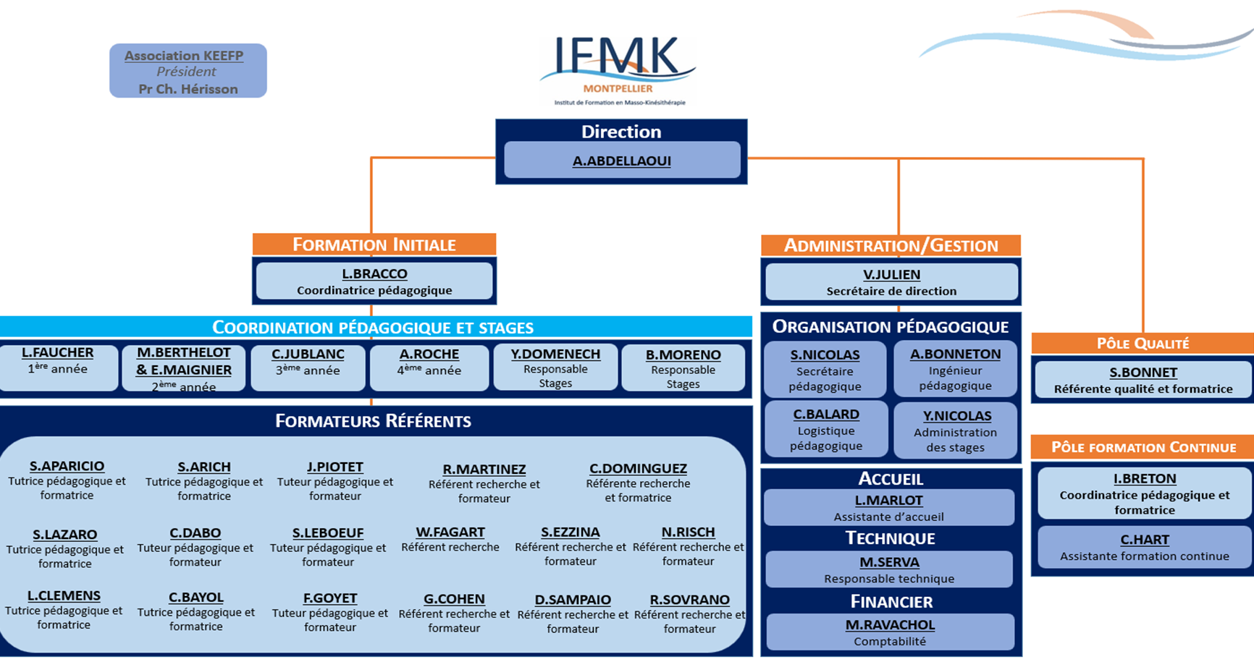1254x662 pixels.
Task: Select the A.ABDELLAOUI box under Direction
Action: point(621,160)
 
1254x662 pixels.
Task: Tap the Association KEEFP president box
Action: point(188,71)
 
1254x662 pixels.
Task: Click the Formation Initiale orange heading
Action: point(374,245)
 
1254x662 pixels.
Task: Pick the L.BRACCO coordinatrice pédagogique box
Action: point(374,281)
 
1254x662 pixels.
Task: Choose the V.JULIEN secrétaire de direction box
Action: point(891,281)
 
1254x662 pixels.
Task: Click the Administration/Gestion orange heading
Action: point(891,245)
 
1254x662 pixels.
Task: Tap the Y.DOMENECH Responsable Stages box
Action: point(555,367)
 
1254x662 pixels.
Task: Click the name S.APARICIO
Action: point(67,467)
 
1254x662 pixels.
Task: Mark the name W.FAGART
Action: point(450,532)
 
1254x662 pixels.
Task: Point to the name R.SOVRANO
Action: point(689,600)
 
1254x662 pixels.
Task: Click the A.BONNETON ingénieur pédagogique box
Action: point(955,369)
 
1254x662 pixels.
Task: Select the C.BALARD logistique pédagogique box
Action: point(826,429)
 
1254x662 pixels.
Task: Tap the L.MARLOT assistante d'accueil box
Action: point(888,507)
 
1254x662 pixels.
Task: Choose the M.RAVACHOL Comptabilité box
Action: point(890,632)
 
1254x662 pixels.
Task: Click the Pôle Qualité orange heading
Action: point(1143,344)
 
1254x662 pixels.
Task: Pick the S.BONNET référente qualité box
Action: point(1143,380)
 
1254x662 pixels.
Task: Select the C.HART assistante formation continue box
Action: point(1144,547)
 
